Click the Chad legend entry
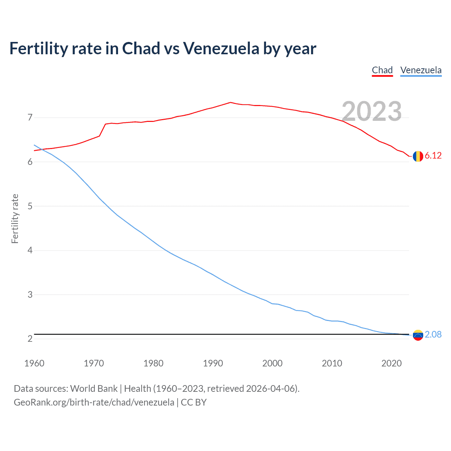point(382,70)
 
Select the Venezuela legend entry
point(421,70)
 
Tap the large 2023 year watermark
point(372,111)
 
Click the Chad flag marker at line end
point(418,156)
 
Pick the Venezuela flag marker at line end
point(418,335)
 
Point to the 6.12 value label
point(433,156)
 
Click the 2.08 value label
point(433,334)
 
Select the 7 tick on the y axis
point(30,117)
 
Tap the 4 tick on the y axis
point(30,250)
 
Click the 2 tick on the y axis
point(30,339)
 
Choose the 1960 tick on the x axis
point(34,363)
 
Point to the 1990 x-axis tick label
point(213,363)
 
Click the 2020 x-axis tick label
point(391,363)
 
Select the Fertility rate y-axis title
point(15,218)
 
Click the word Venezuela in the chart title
point(221,48)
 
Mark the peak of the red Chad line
point(230,103)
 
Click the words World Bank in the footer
point(94,389)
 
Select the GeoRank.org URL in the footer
point(94,402)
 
